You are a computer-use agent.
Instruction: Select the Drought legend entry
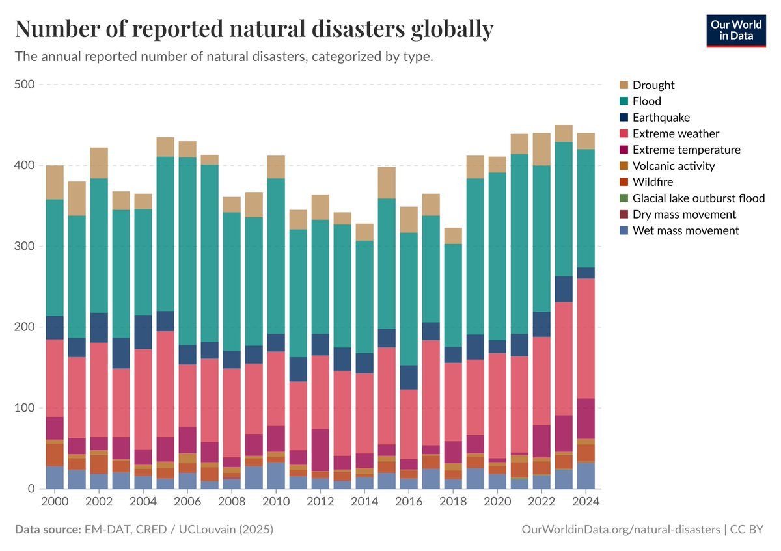pos(653,85)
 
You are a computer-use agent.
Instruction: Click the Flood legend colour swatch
pos(624,101)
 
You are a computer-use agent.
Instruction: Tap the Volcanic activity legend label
pos(673,166)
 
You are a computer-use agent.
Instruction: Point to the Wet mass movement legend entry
pos(685,230)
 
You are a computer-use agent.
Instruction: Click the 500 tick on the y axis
pos(27,85)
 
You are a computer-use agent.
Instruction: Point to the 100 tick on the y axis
pos(27,408)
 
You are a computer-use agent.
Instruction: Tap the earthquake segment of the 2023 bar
pos(564,289)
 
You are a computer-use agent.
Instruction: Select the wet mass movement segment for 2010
pos(276,476)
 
